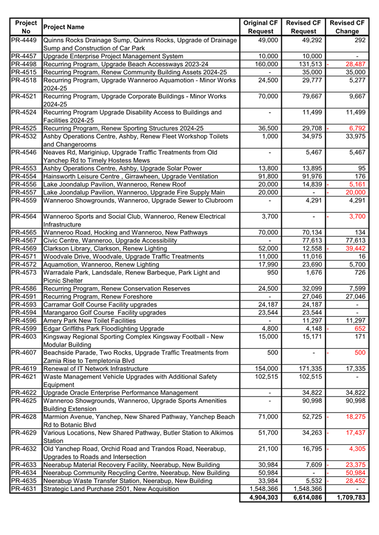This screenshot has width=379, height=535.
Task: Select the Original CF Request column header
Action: click(x=260, y=27)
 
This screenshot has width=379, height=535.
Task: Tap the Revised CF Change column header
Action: click(x=347, y=27)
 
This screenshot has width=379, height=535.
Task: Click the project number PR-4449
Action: click(x=24, y=40)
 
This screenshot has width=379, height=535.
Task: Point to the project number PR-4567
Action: click(x=24, y=241)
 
